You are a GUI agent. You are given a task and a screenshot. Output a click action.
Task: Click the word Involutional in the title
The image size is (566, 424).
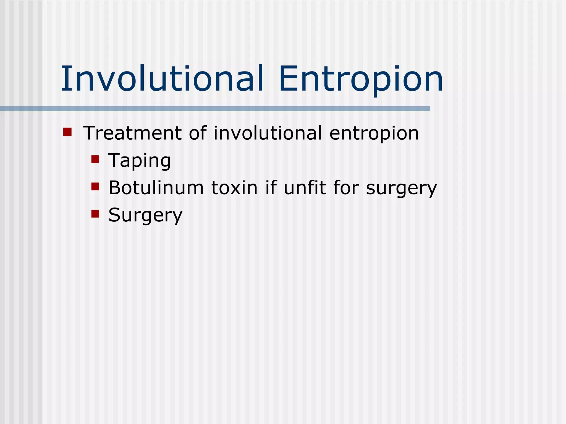click(162, 79)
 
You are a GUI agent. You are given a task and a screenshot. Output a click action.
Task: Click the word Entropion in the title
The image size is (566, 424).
click(361, 79)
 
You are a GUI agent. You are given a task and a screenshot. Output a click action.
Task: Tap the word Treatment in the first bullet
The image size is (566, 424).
click(132, 133)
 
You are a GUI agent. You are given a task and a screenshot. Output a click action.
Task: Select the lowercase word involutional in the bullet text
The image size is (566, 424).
click(268, 133)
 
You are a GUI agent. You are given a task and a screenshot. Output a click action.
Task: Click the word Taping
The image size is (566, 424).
click(139, 161)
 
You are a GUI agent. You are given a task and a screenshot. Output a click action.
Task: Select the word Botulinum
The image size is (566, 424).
click(156, 188)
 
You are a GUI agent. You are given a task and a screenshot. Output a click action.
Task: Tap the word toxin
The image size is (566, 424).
click(234, 188)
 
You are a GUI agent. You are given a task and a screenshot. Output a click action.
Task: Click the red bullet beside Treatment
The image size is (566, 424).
click(67, 132)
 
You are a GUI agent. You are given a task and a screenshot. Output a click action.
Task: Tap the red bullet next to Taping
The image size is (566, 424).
click(95, 159)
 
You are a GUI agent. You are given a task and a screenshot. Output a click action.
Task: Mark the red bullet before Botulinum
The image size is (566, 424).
click(95, 187)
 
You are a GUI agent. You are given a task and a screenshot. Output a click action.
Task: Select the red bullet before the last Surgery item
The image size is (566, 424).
click(95, 214)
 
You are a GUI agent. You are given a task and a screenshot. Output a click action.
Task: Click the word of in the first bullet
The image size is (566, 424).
click(198, 133)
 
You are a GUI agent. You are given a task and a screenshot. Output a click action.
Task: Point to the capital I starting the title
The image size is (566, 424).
click(64, 79)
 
